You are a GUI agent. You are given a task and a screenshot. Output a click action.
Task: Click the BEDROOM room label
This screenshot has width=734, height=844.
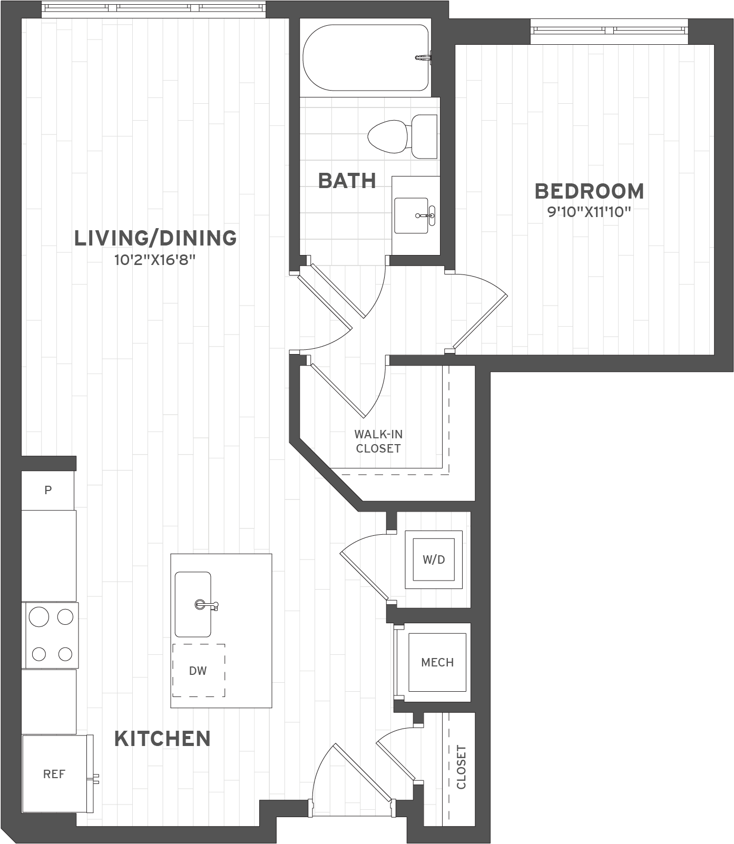589,191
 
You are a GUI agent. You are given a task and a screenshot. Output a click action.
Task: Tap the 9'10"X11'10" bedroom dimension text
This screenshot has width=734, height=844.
589,212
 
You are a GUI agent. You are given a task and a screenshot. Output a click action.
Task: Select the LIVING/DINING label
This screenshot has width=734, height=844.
155,238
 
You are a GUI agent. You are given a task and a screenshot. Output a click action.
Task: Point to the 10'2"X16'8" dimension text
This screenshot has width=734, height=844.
155,260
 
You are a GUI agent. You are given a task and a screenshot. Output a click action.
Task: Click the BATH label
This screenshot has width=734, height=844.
347,181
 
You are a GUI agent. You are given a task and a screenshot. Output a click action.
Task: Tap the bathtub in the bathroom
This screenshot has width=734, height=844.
366,58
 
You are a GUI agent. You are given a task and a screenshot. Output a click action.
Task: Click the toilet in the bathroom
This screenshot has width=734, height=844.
403,136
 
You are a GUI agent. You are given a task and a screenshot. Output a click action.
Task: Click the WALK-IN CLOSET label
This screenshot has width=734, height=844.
378,441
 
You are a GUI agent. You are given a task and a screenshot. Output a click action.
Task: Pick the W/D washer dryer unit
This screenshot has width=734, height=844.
434,560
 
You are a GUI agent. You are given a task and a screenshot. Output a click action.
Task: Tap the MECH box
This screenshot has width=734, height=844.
437,662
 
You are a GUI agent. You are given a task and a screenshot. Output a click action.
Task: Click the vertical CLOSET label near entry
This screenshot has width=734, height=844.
462,767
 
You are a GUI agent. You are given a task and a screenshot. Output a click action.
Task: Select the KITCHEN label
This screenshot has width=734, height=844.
162,739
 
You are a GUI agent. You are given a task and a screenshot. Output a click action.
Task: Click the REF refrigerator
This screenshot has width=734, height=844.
55,774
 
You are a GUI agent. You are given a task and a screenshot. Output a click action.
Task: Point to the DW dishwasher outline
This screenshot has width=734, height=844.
199,670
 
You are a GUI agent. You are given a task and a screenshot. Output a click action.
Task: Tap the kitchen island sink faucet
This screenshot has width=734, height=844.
207,605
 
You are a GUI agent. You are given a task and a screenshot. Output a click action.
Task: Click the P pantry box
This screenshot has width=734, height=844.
48,490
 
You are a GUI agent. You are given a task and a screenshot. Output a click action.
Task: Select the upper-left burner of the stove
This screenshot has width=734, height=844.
39,616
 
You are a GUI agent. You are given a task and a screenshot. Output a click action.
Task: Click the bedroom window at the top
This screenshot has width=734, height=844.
609,31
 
